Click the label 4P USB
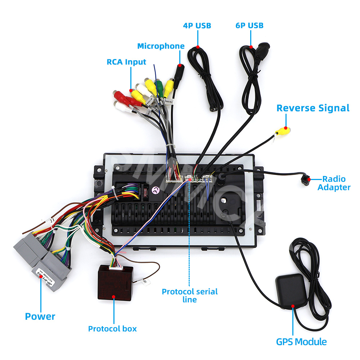197,26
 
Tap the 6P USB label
249,26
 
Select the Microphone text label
161,46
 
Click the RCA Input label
126,62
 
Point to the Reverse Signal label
313,108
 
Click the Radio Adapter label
334,183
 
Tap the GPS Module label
301,342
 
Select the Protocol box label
112,328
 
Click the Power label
40,316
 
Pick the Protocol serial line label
190,295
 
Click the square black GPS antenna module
291,290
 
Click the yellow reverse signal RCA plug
282,130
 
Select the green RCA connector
159,86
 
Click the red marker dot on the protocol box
113,297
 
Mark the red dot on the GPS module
293,306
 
